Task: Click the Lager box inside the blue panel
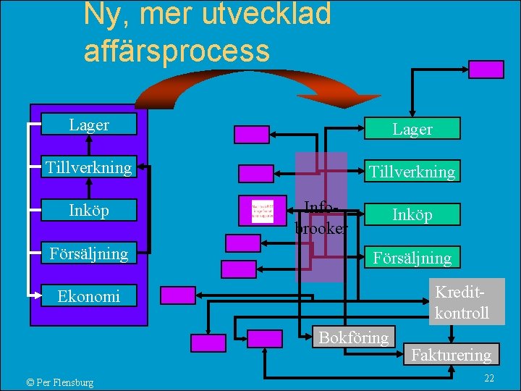89,125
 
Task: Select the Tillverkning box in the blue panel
89,168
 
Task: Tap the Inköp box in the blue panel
89,211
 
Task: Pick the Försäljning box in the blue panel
89,253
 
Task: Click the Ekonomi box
89,296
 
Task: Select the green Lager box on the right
412,129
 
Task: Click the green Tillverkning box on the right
412,172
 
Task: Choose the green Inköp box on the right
412,214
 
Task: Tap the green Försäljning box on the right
412,257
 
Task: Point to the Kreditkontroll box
462,302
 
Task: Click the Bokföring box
354,337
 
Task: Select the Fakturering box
452,355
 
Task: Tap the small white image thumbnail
262,211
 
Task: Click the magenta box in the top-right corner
486,69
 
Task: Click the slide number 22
488,379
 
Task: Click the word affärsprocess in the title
177,51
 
